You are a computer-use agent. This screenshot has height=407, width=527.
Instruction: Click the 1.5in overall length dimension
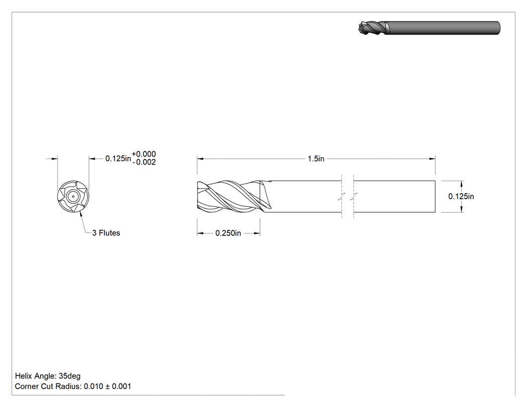coord(316,159)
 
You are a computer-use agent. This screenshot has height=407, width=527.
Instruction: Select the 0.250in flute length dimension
coord(228,233)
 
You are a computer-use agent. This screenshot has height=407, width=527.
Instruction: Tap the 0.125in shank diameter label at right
coord(461,196)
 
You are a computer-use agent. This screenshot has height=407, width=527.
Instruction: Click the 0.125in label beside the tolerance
coord(118,158)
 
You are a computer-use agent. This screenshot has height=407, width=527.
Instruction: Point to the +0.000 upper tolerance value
coord(144,154)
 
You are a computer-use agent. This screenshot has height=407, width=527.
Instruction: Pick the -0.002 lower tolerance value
coord(144,162)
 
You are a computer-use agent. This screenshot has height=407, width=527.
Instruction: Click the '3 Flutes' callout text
coord(106,233)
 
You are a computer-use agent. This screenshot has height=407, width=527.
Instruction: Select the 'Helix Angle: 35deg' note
coord(48,376)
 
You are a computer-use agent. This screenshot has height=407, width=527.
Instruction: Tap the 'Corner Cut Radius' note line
coord(73,386)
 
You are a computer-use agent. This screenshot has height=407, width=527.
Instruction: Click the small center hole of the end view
coord(73,197)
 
